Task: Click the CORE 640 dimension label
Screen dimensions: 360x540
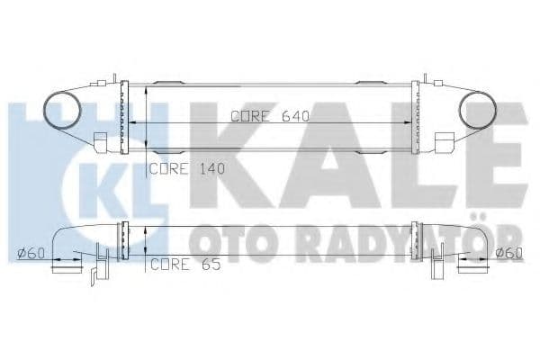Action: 269,115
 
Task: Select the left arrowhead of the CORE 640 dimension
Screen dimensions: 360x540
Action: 137,121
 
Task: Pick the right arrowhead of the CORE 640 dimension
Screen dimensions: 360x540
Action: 407,121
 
